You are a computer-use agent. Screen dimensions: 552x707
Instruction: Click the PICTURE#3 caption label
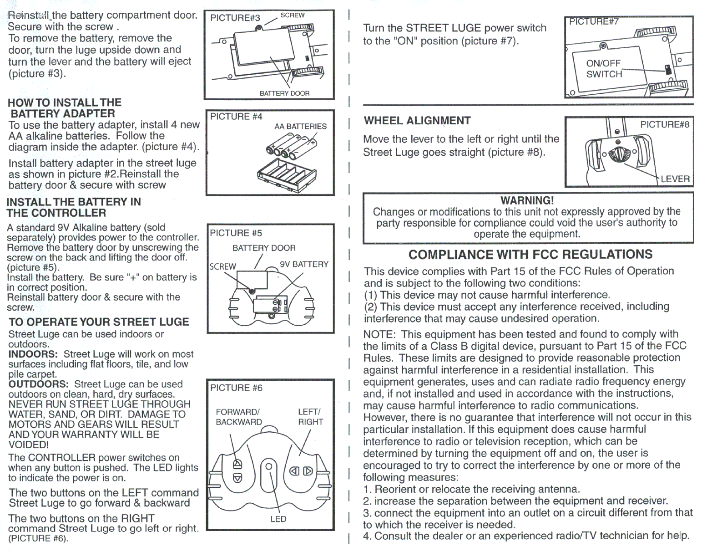235,18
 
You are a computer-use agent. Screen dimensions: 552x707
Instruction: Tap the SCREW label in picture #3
292,15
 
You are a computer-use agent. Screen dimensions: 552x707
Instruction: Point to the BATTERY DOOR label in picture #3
284,93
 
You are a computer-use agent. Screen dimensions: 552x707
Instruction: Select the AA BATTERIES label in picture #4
300,126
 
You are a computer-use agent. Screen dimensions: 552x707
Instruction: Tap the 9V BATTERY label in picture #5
304,264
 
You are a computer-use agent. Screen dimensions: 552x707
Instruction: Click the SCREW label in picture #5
222,266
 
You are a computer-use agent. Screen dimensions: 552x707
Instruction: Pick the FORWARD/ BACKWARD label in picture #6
238,417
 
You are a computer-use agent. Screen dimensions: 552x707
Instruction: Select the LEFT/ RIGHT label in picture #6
310,417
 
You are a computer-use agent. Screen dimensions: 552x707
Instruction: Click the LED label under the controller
278,519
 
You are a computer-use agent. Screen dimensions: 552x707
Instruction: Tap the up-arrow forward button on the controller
237,464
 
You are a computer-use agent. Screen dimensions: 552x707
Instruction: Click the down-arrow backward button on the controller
237,478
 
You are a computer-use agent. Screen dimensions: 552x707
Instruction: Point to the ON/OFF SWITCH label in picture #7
604,69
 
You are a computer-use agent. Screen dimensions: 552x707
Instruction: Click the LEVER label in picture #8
675,179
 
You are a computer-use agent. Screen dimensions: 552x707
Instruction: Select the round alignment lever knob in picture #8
617,153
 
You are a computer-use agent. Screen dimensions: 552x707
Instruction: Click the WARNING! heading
527,200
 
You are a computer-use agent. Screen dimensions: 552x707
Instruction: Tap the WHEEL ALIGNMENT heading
417,121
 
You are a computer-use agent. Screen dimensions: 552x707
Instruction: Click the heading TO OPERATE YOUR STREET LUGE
99,322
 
